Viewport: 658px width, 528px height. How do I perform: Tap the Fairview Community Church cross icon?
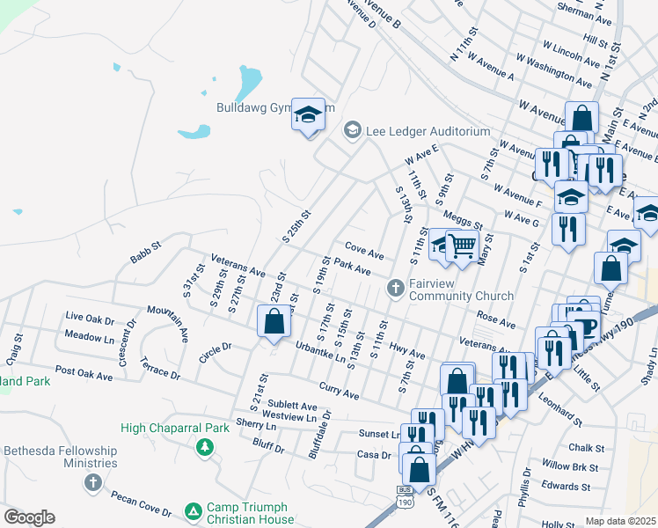395,287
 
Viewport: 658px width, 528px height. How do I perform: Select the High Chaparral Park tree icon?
205,448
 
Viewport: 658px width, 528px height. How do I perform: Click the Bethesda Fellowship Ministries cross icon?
93,482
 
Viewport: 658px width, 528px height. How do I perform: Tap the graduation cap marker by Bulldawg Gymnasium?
308,115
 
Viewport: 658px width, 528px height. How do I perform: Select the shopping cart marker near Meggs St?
461,246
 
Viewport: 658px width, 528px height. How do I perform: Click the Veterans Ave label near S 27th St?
238,266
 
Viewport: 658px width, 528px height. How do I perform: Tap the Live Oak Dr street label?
91,317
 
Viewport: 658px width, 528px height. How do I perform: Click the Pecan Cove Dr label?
141,503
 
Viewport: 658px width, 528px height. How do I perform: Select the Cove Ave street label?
364,251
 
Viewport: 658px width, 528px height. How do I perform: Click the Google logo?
29,517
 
